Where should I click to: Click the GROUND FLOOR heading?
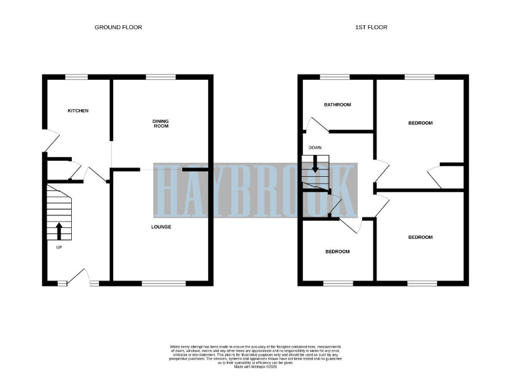118,27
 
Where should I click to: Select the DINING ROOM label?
160,123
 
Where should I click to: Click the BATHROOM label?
337,105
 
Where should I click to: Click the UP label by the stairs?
59,247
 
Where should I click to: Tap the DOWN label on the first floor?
315,148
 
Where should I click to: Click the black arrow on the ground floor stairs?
59,230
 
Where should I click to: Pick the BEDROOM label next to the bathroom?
420,123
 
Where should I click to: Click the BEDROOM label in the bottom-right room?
420,237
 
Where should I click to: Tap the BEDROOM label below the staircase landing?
337,251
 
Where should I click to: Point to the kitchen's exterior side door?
51,141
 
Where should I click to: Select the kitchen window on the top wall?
77,78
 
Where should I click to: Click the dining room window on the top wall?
156,78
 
